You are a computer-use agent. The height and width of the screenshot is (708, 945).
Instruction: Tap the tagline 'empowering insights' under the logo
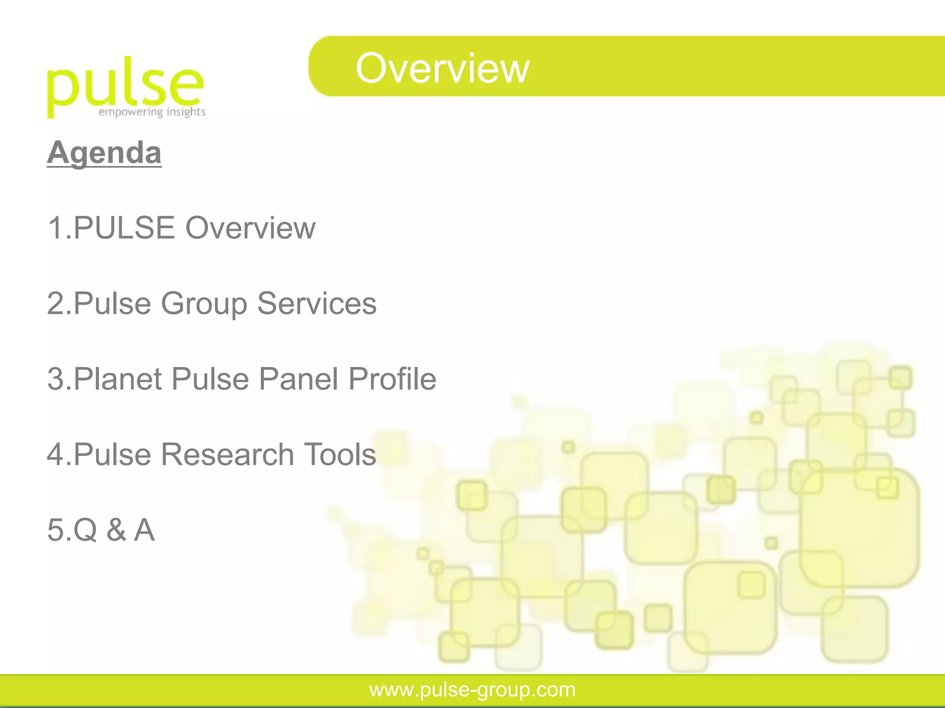(x=152, y=112)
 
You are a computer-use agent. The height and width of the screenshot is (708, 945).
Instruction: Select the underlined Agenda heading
(x=104, y=153)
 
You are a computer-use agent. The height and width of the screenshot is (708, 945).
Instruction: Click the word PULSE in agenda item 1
(x=125, y=228)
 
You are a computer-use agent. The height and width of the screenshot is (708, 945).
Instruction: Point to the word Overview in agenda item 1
(x=251, y=228)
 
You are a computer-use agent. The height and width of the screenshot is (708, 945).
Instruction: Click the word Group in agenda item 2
(x=204, y=303)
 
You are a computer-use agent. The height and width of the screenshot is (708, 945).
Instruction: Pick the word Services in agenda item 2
(x=317, y=303)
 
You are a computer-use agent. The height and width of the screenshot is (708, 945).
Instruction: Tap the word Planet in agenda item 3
(x=118, y=379)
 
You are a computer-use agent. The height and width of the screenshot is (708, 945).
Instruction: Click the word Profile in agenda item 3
(x=392, y=379)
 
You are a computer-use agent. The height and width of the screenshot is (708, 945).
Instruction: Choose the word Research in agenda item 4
(x=227, y=454)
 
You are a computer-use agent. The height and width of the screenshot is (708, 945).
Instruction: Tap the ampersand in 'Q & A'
(x=116, y=530)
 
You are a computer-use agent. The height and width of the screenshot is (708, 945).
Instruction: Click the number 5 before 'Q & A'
(x=55, y=530)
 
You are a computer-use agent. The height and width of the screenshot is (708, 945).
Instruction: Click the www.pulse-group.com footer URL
(x=472, y=690)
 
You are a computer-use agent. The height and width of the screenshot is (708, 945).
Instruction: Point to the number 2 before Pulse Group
(x=55, y=303)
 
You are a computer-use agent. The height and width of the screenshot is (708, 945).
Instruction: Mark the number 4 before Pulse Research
(x=55, y=454)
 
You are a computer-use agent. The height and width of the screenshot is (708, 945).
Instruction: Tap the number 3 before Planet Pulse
(x=55, y=379)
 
